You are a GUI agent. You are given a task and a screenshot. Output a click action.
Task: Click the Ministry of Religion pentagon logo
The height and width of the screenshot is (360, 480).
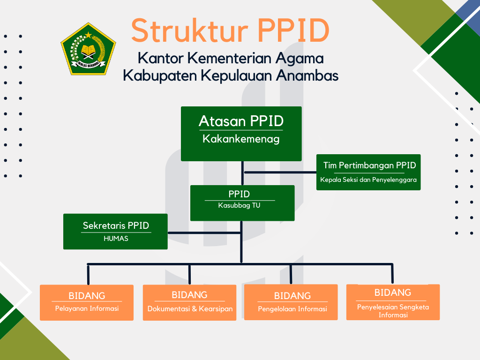click(88, 49)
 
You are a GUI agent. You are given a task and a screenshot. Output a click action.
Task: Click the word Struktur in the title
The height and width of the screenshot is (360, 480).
click(189, 31)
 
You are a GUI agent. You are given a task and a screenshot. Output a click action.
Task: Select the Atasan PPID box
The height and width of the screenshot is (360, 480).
click(241, 134)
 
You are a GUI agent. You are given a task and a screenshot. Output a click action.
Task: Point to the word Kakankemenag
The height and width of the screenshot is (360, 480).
click(241, 139)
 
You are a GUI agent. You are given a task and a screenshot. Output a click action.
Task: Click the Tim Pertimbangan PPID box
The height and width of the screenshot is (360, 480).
click(368, 172)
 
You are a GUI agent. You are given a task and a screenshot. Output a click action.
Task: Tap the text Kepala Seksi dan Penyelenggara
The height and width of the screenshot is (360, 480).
click(368, 180)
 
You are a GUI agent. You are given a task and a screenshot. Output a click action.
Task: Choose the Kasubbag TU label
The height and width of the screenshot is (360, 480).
click(239, 205)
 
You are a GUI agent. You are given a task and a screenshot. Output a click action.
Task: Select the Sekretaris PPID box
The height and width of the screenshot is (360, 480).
click(115, 232)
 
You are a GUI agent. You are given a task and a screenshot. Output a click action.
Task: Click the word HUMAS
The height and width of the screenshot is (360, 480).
click(116, 239)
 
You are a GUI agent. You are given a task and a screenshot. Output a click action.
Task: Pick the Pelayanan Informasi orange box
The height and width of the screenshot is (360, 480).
click(87, 303)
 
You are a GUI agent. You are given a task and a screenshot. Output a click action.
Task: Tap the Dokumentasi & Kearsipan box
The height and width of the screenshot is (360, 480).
click(189, 303)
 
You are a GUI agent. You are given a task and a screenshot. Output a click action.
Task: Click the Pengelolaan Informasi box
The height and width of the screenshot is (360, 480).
click(291, 302)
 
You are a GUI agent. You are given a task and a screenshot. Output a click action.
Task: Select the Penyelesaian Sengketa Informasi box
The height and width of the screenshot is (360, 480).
click(393, 302)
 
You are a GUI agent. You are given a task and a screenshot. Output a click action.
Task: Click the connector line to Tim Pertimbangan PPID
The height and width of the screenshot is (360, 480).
click(280, 172)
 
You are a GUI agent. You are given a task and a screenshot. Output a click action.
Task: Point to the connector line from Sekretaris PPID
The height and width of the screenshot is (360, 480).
click(204, 233)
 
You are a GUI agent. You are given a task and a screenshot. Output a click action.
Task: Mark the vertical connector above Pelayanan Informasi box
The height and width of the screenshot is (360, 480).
click(88, 275)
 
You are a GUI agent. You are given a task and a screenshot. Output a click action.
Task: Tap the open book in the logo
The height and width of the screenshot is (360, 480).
click(88, 50)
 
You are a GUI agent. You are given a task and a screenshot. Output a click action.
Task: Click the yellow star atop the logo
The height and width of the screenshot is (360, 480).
click(88, 35)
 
